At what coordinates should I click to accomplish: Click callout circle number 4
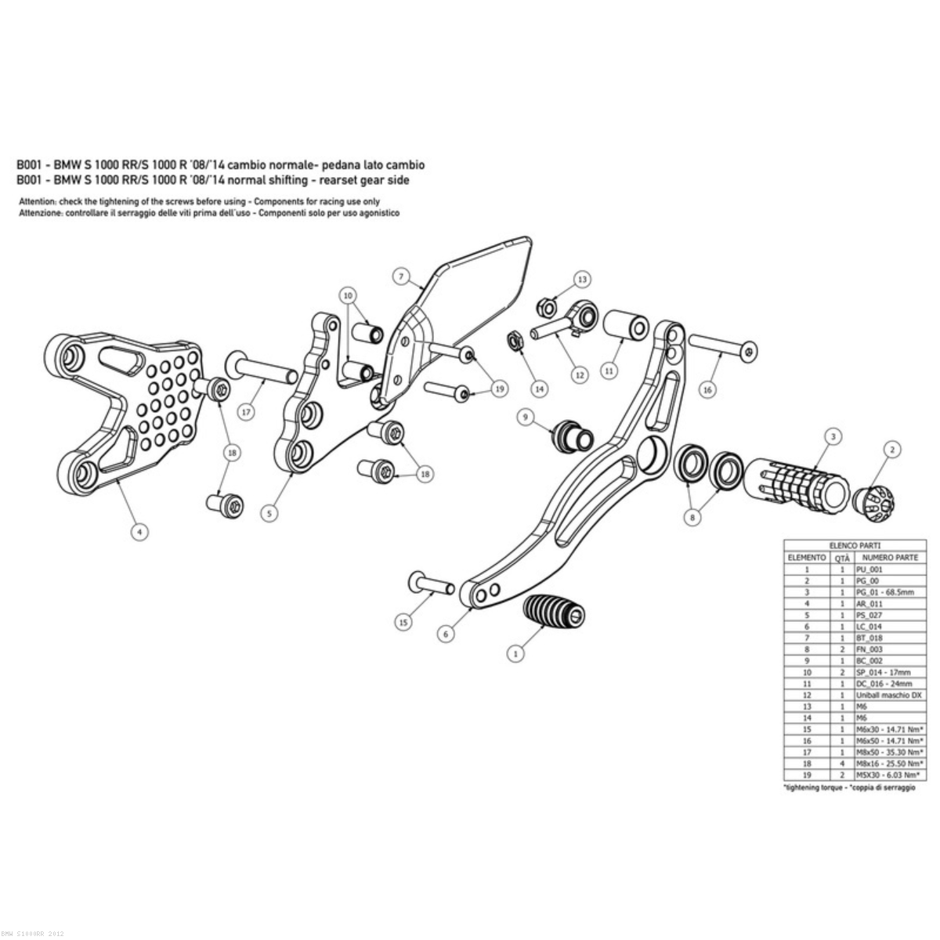(139, 531)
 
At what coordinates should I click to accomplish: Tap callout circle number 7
(399, 277)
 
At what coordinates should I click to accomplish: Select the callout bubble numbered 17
(246, 412)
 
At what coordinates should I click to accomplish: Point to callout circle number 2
(891, 449)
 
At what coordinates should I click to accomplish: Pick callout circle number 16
(707, 389)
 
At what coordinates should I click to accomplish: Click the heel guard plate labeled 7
(470, 290)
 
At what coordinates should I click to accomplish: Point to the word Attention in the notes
(37, 201)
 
